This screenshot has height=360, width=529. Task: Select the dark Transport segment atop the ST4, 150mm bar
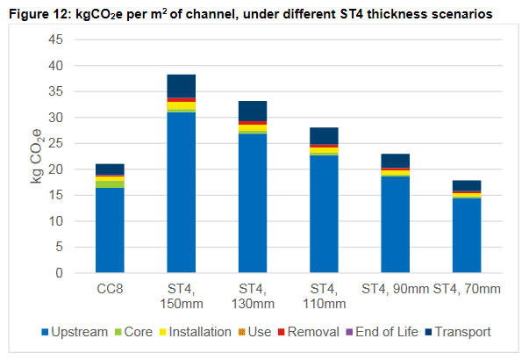pyautogui.click(x=182, y=86)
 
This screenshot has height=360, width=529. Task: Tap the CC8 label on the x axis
pyautogui.click(x=110, y=289)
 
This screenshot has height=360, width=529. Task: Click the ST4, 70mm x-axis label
pyautogui.click(x=468, y=289)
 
